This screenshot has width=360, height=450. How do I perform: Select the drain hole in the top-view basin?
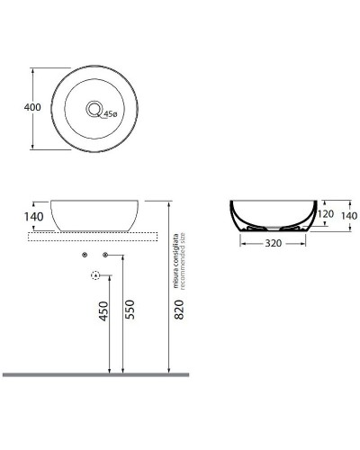pos(94,109)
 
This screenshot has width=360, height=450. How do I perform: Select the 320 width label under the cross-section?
pos(276,244)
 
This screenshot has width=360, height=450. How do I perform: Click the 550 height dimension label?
pos(131,311)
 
